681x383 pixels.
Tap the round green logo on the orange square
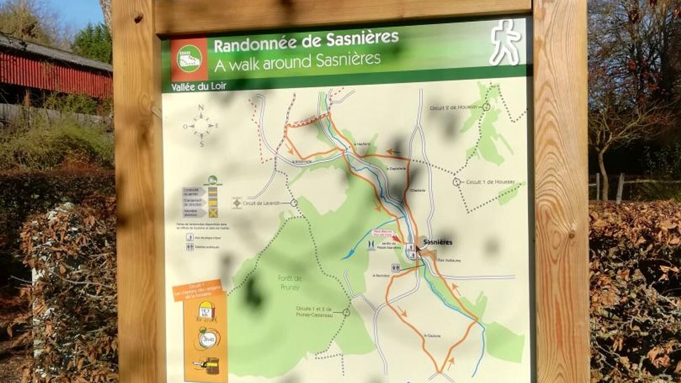pos(189,59)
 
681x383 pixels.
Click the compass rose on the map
pos(201,126)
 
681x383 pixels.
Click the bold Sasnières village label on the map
pos(438,243)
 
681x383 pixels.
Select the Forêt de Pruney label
pos(289,281)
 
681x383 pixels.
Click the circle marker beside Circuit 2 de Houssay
pos(486,107)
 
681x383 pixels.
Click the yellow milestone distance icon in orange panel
pos(206,311)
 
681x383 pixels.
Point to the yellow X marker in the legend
pos(213,213)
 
